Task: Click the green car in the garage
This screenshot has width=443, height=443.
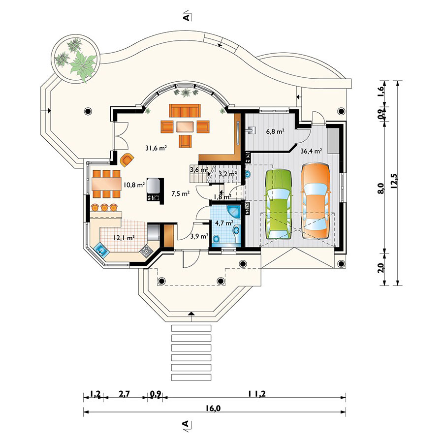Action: click(279, 204)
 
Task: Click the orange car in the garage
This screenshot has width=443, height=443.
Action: click(316, 201)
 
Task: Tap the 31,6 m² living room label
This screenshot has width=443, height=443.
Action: click(156, 148)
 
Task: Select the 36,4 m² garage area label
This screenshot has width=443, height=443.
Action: click(311, 151)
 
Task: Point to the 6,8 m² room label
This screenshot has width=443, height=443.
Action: click(275, 131)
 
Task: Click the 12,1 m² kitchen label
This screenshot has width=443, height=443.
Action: click(124, 238)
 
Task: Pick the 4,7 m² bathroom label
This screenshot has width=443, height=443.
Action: click(224, 222)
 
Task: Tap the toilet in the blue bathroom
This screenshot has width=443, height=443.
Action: click(217, 240)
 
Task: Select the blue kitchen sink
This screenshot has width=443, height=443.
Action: click(101, 250)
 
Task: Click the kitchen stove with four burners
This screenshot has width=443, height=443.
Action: click(146, 251)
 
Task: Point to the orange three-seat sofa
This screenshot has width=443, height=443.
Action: click(185, 110)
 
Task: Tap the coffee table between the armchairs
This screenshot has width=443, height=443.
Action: click(185, 127)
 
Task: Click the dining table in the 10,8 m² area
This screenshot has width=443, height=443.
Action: click(106, 184)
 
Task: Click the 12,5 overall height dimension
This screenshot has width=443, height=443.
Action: click(394, 181)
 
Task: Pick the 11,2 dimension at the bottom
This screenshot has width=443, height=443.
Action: click(257, 394)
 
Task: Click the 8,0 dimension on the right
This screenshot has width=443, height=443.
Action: click(381, 188)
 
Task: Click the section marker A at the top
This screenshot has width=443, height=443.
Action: click(187, 16)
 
